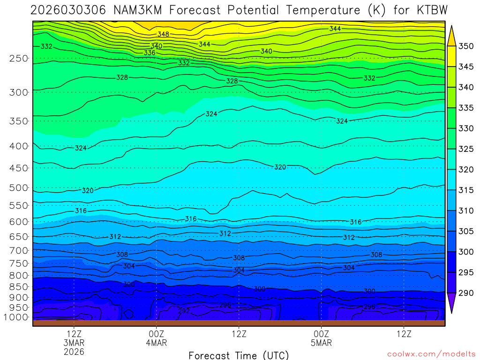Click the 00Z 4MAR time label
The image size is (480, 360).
tap(156, 338)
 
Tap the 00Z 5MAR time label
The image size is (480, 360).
tap(321, 338)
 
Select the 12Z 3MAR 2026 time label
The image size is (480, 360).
tap(74, 343)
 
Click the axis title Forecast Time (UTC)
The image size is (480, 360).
tap(239, 355)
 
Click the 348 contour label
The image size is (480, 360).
tap(163, 34)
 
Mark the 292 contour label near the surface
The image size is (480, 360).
tap(184, 311)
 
